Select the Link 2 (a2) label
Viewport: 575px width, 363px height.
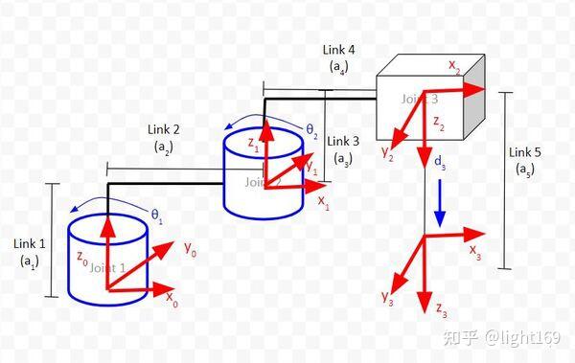tap(163, 138)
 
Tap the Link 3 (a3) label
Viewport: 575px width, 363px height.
tap(341, 148)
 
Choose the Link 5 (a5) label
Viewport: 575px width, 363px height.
tap(524, 161)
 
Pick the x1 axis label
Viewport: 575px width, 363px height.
tap(323, 202)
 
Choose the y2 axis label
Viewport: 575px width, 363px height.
tap(387, 154)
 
